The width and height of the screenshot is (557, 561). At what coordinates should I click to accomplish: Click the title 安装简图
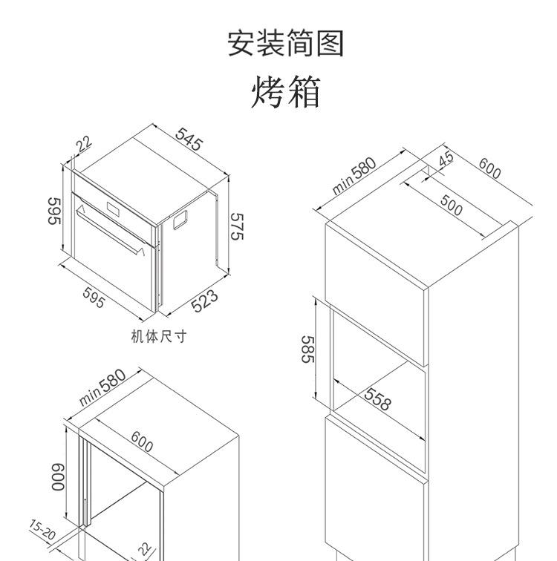(285, 44)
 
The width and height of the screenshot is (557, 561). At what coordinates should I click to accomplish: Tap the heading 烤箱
(285, 93)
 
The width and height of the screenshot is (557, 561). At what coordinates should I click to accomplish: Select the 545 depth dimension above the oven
(189, 140)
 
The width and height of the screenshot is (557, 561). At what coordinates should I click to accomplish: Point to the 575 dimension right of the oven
(237, 226)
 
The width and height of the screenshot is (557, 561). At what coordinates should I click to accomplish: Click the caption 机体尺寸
(158, 337)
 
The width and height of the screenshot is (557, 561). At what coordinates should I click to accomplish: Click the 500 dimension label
(450, 206)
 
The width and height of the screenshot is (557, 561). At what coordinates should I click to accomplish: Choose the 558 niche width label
(377, 400)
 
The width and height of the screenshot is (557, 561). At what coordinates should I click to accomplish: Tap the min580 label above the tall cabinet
(354, 176)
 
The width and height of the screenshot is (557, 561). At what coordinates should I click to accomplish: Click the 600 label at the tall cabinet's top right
(489, 169)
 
